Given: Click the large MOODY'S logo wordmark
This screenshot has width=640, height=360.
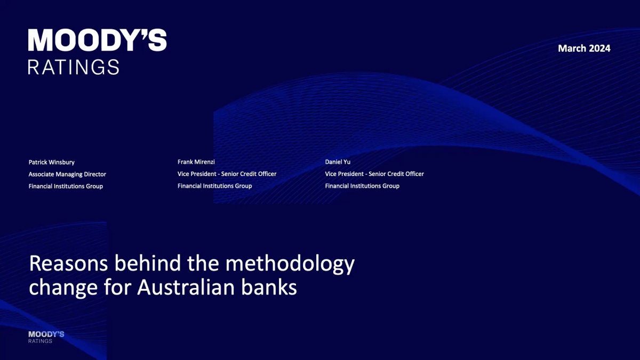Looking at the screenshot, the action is point(97,40).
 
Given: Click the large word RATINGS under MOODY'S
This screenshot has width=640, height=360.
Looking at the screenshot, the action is point(74,67).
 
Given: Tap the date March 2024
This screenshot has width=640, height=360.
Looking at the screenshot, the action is point(584,49).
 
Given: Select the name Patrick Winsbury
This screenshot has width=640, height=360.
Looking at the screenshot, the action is point(51,162).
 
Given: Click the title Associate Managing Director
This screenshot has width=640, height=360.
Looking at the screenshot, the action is point(67,174).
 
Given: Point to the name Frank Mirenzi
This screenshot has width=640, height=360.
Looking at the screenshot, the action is point(196,162).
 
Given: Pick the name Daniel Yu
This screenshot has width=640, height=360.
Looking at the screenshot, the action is point(338,162).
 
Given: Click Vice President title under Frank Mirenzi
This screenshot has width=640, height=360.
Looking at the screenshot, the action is point(227,174).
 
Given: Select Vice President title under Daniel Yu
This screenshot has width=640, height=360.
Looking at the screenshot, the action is point(374,174).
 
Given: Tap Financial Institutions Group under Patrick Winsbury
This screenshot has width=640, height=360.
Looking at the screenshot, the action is point(66,186).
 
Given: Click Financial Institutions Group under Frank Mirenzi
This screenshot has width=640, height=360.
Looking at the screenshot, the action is point(214,186).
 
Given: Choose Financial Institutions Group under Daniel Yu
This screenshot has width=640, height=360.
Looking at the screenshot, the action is point(362,186).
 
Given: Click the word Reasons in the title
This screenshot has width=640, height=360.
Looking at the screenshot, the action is point(69,263).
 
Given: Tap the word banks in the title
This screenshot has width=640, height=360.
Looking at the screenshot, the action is point(269,287).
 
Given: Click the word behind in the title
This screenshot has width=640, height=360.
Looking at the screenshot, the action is point(148,263).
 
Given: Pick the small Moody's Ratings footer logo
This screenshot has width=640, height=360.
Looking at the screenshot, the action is point(46,337).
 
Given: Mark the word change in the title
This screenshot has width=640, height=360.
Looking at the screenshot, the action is point(63,289).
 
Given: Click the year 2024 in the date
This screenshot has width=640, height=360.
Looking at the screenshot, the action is point(599,49).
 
